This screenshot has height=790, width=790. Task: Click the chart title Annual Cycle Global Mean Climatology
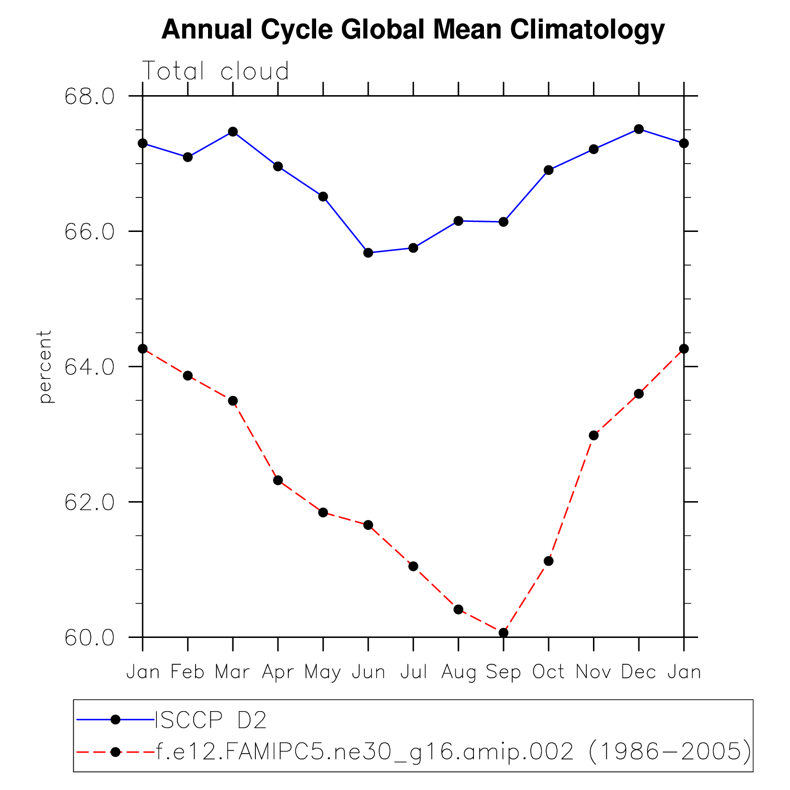[x=413, y=30]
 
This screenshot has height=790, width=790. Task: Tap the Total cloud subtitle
[x=216, y=71]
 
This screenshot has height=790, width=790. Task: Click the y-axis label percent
[x=45, y=366]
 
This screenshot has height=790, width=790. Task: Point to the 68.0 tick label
[x=89, y=96]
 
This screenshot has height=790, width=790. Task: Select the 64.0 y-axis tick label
[x=89, y=367]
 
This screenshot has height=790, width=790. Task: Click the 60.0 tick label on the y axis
[x=89, y=638]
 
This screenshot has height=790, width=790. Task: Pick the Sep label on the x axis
[x=503, y=672]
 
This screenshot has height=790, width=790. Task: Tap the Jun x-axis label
[x=368, y=672]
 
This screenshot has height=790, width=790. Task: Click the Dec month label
[x=638, y=672]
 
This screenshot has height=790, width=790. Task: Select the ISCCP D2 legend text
[x=210, y=720]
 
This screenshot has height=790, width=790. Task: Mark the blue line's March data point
[x=233, y=132]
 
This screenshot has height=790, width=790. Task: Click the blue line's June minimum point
[x=368, y=252]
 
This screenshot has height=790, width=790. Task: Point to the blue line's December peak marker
[x=638, y=129]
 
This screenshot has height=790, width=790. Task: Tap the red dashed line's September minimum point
[x=503, y=633]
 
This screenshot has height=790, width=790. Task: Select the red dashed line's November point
[x=593, y=435]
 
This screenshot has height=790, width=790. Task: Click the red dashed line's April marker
[x=278, y=480]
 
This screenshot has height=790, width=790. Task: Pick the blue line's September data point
[x=503, y=222]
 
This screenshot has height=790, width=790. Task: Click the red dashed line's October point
[x=549, y=561]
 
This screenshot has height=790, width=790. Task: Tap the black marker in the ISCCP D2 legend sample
[x=115, y=720]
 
